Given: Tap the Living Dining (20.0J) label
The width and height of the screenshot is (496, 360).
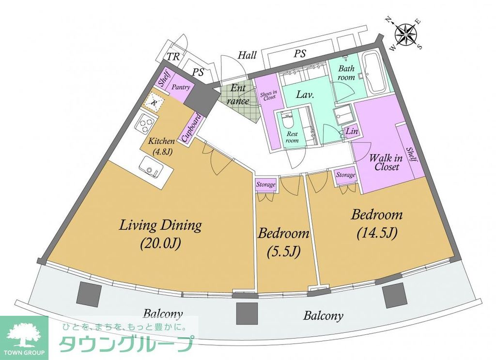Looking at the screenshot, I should [x=160, y=234].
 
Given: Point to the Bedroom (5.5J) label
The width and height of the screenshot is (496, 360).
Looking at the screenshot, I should [x=283, y=242].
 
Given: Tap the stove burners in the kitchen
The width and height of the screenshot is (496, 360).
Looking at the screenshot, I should [x=144, y=125].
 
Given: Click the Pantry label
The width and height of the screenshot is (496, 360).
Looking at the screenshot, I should [x=180, y=88].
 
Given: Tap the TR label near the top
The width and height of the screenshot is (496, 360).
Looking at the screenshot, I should [x=173, y=57].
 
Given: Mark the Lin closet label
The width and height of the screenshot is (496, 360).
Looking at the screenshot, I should [x=351, y=131].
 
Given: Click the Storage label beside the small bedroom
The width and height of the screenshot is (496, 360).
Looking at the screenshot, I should [x=266, y=185].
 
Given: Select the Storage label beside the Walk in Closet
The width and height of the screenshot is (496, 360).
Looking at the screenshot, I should [x=345, y=175].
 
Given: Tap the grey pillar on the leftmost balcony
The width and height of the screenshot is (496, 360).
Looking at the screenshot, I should [x=89, y=294].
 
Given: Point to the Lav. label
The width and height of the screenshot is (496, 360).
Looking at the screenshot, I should [x=306, y=95].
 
